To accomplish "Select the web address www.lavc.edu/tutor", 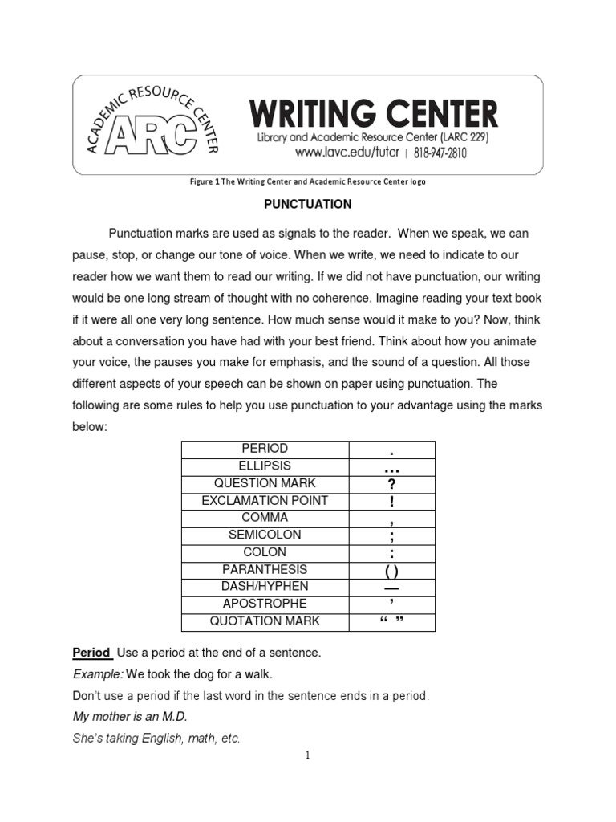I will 347,152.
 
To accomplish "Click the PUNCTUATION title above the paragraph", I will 308,204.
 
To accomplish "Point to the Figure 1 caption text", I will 307,182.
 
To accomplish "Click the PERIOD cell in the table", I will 265,449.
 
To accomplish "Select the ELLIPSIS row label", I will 265,466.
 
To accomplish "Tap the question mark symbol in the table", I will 391,484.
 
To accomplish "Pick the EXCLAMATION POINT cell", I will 265,501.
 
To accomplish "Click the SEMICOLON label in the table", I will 265,535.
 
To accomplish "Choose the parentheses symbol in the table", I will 391,571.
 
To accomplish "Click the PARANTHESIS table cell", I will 265,570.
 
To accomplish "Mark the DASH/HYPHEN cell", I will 265,587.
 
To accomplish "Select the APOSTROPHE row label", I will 265,604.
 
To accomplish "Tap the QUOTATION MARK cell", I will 265,621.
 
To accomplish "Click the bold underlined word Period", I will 91,653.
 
